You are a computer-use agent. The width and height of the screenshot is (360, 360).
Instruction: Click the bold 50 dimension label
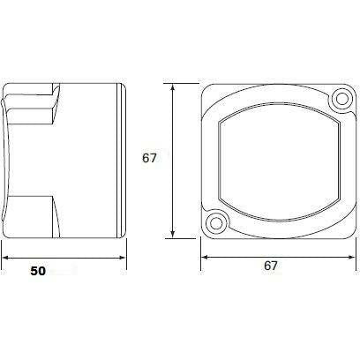pyautogui.click(x=38, y=271)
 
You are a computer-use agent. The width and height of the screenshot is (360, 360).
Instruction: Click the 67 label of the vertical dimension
pyautogui.click(x=149, y=158)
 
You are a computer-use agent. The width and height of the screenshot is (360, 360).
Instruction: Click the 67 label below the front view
pyautogui.click(x=271, y=266)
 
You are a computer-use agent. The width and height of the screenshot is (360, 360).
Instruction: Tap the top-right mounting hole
pyautogui.click(x=341, y=99)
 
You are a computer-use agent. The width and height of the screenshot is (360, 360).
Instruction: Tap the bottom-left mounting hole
pyautogui.click(x=216, y=223)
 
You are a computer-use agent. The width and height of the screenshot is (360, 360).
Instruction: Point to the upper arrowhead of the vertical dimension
pyautogui.click(x=173, y=88)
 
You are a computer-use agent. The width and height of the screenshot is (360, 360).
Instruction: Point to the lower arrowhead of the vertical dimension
pyautogui.click(x=173, y=234)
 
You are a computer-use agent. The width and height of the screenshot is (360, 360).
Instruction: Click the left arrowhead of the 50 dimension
pyautogui.click(x=6, y=258)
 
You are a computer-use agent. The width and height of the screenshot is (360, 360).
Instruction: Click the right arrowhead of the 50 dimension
pyautogui.click(x=122, y=258)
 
